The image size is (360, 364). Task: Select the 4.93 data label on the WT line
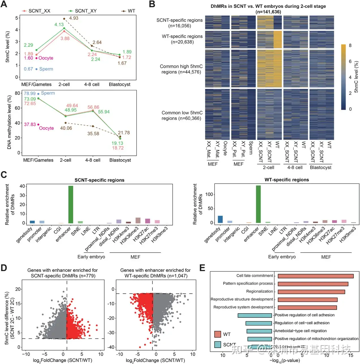click(x=74, y=18)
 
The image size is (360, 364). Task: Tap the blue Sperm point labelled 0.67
click(x=37, y=69)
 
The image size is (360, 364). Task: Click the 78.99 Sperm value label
click(x=30, y=93)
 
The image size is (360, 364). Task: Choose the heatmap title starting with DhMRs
click(x=268, y=6)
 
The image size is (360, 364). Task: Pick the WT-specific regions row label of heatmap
click(x=182, y=39)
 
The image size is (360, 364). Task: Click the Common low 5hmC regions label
click(x=182, y=115)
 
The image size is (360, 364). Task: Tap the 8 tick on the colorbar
click(x=350, y=46)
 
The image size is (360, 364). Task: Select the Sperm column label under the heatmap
click(x=251, y=148)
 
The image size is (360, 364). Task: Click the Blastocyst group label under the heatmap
click(x=321, y=167)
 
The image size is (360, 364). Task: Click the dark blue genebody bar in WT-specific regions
click(x=220, y=219)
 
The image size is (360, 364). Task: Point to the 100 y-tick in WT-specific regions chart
click(x=209, y=195)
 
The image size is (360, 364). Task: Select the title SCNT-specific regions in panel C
click(x=99, y=180)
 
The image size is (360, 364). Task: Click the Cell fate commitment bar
click(x=316, y=276)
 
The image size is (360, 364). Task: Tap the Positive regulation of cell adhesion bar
click(x=255, y=315)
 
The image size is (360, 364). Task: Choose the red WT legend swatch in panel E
click(x=218, y=334)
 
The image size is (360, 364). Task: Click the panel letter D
click(x=4, y=268)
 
